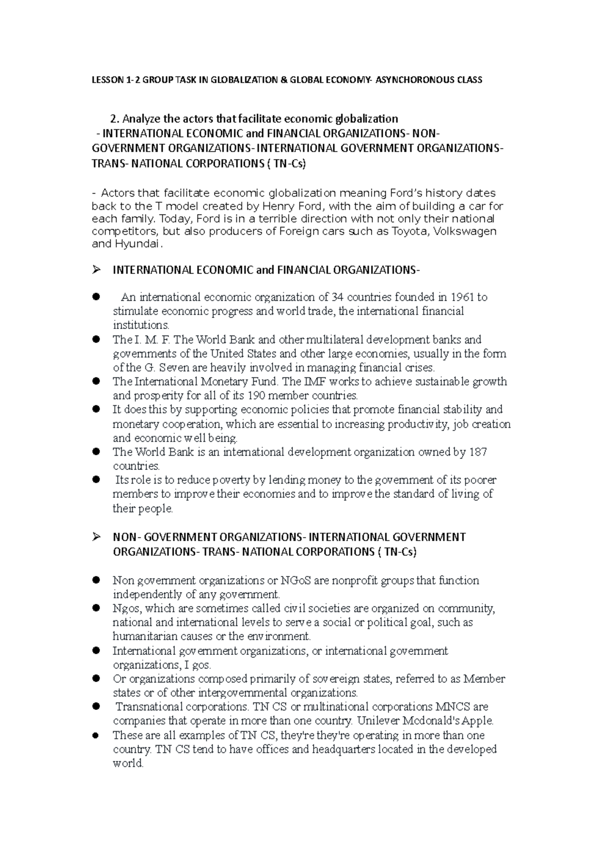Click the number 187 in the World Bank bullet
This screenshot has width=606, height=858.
(477, 452)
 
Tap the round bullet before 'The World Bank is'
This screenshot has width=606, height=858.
(96, 452)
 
